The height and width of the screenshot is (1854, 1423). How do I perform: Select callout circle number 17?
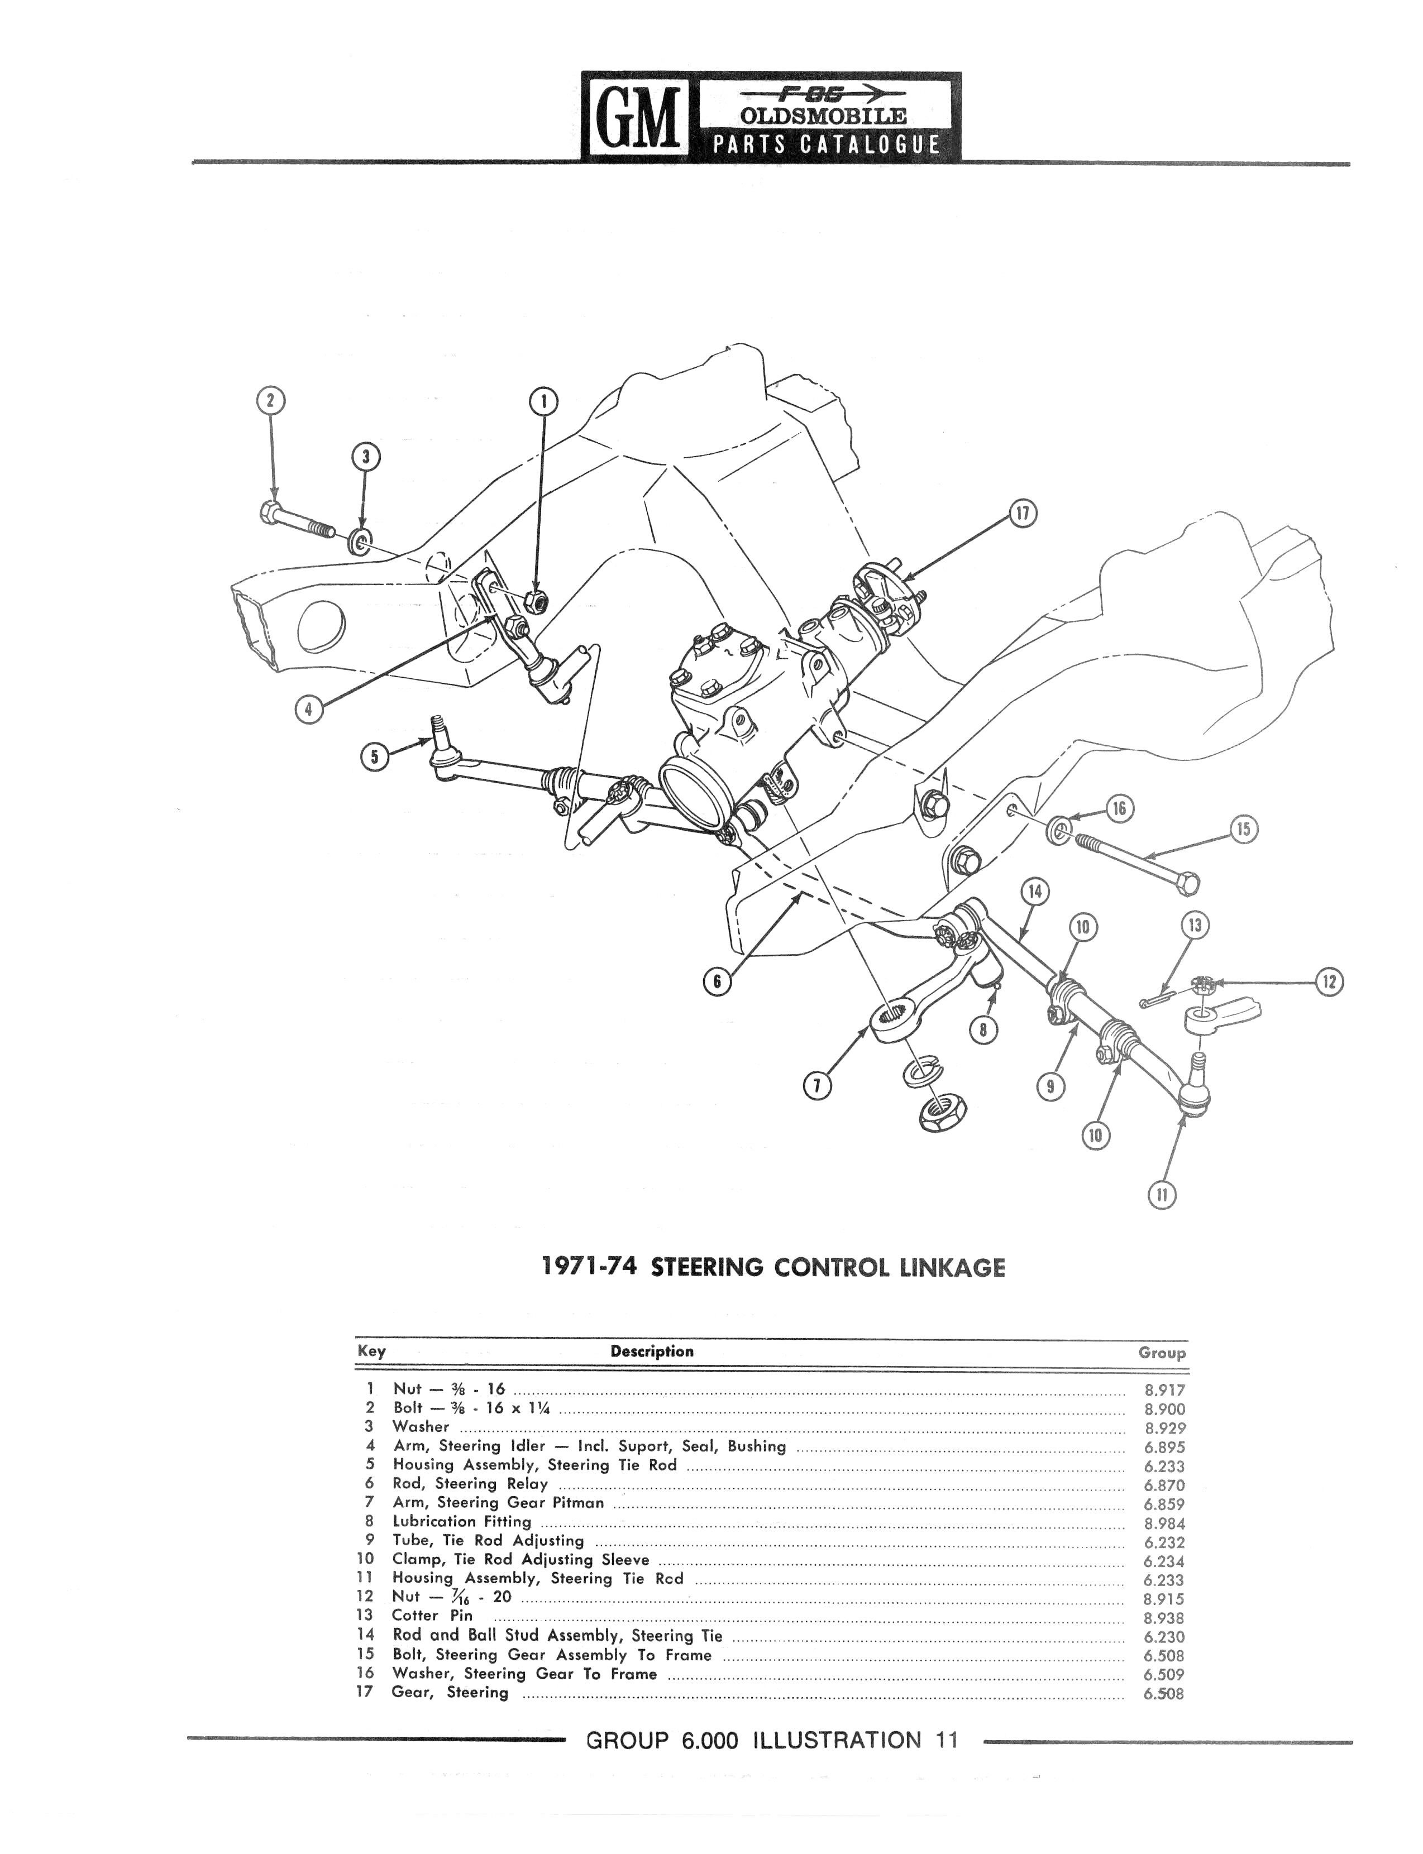click(1023, 515)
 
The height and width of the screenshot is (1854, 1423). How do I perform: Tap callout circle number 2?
click(271, 400)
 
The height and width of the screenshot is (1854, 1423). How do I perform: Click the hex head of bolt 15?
click(1187, 884)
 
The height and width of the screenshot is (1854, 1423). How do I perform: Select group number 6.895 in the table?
click(1164, 1448)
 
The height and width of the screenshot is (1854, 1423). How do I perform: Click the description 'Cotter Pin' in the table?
click(432, 1615)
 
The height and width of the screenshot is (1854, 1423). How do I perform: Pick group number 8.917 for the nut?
click(1164, 1390)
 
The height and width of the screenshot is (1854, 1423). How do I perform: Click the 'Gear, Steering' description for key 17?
click(449, 1692)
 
